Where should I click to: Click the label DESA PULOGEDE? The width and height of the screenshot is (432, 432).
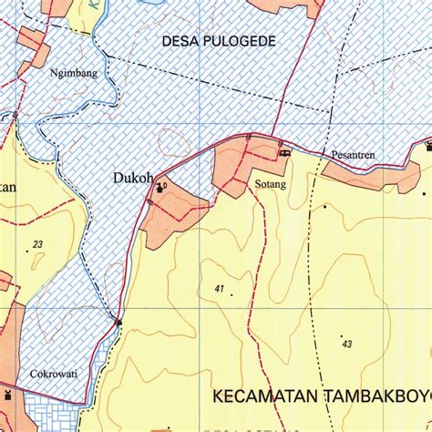pos(218,41)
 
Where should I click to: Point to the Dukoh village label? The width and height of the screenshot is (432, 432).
pos(132,179)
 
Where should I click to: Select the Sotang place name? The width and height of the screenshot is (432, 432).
pos(271,184)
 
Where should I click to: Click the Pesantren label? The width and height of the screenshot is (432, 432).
pos(354,156)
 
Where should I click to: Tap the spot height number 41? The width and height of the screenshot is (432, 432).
pos(220,289)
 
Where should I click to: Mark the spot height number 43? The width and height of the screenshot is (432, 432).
pos(346,343)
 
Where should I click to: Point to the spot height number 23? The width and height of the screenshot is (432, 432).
pos(37,244)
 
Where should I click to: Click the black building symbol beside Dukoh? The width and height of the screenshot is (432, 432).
pos(161,188)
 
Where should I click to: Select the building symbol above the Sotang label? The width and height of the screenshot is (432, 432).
pos(284,152)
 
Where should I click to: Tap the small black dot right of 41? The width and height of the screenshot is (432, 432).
pos(231,294)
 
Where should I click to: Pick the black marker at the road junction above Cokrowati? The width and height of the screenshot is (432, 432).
pos(118,321)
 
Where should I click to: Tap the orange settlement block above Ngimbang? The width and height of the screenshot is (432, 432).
pos(33,40)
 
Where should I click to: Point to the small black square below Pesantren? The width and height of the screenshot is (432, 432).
pos(324,207)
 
